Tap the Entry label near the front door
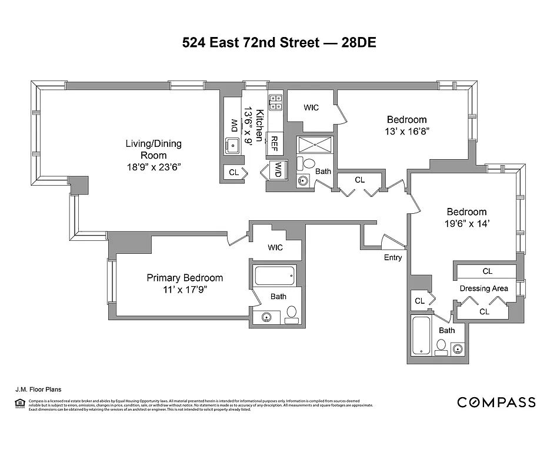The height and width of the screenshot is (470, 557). coord(393,257)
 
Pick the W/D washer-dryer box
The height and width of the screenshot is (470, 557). coord(276,171)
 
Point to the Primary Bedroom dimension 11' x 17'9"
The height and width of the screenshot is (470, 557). coord(185,289)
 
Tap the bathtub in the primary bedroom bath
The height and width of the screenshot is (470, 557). coord(275,276)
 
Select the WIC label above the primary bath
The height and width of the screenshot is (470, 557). coord(275,247)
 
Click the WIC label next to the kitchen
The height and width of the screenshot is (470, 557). coord(311,108)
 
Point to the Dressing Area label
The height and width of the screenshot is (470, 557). coord(483,288)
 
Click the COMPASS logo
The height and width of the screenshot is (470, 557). coord(496,402)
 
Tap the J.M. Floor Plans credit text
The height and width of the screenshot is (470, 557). coord(38,389)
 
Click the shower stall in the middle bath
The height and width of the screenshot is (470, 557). coord(315,145)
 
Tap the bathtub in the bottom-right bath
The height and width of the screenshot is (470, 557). coord(421,335)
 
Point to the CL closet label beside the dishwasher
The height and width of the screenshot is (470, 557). coord(234,173)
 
